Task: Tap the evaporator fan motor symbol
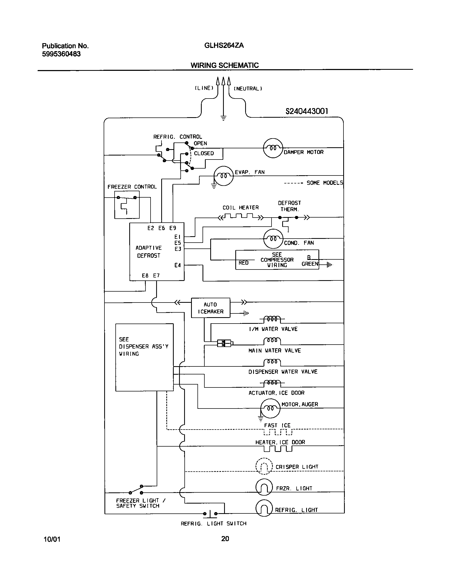tap(223, 176)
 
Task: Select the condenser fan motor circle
tap(273, 239)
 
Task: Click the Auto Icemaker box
tap(211, 308)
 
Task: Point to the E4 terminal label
tap(177, 265)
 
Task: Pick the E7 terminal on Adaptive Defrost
tap(156, 276)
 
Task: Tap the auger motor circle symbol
tap(270, 408)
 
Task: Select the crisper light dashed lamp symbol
tap(264, 466)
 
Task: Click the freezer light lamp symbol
tap(264, 487)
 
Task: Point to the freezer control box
tap(127, 205)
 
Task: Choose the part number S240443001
tap(307, 111)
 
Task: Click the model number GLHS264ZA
tap(224, 46)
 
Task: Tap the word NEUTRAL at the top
tap(248, 89)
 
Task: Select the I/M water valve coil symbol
tap(272, 319)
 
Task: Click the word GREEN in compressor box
tap(310, 264)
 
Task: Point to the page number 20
tap(225, 539)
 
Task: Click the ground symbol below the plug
tap(223, 118)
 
